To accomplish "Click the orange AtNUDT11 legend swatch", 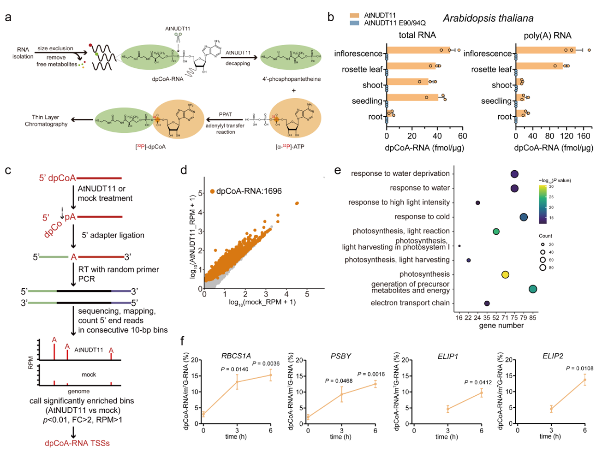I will pos(354,15).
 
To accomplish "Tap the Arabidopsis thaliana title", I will pos(488,18).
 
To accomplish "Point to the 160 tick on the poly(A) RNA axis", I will pos(584,136).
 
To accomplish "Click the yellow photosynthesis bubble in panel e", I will pos(505,275).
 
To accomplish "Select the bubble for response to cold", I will pos(524,217).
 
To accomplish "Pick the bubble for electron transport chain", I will pos(487,303).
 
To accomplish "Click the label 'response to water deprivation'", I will pos(400,173).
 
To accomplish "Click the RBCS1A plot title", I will pos(236,356).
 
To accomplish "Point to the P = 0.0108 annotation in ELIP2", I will pos(579,369).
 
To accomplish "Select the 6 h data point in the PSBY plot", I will pos(375,384).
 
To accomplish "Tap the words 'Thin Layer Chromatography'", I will pos(46,121).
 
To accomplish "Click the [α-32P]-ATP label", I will pos(290,147).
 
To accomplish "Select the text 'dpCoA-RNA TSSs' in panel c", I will pos(77,443).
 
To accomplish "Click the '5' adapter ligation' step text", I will pos(113,235).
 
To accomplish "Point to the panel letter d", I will pos(184,170).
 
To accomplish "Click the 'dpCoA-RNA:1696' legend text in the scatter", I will pos(249,191).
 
